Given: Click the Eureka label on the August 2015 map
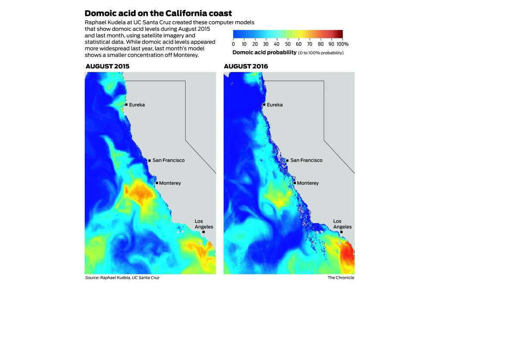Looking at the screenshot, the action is click(x=137, y=105).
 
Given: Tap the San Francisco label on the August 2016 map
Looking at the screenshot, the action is click(x=306, y=160).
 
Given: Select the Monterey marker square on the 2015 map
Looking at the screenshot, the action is click(x=157, y=183).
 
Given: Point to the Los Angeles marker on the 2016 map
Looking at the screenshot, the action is click(x=341, y=232).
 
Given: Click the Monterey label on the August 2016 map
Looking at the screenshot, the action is click(x=308, y=183).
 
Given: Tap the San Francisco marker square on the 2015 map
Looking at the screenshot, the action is click(x=149, y=161).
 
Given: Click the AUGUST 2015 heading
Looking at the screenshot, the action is click(x=108, y=66).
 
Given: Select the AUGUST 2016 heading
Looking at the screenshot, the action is click(x=246, y=66).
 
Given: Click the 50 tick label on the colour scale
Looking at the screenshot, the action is click(x=288, y=44).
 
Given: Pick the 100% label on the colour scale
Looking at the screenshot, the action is click(x=343, y=44).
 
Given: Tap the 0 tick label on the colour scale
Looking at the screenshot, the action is click(x=234, y=44).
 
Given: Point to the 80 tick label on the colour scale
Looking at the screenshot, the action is click(x=321, y=44).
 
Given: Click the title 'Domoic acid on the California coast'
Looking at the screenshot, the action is click(x=159, y=13).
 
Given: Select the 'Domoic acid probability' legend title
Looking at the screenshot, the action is click(x=264, y=53).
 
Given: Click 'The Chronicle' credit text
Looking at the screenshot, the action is click(x=341, y=278).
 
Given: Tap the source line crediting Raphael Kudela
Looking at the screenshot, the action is click(x=122, y=278).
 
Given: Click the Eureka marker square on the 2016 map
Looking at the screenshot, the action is click(x=264, y=105).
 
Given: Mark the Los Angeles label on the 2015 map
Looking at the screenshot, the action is click(x=204, y=224).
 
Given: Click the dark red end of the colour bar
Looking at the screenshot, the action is click(x=340, y=34).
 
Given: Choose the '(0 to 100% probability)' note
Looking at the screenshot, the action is click(x=321, y=53).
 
